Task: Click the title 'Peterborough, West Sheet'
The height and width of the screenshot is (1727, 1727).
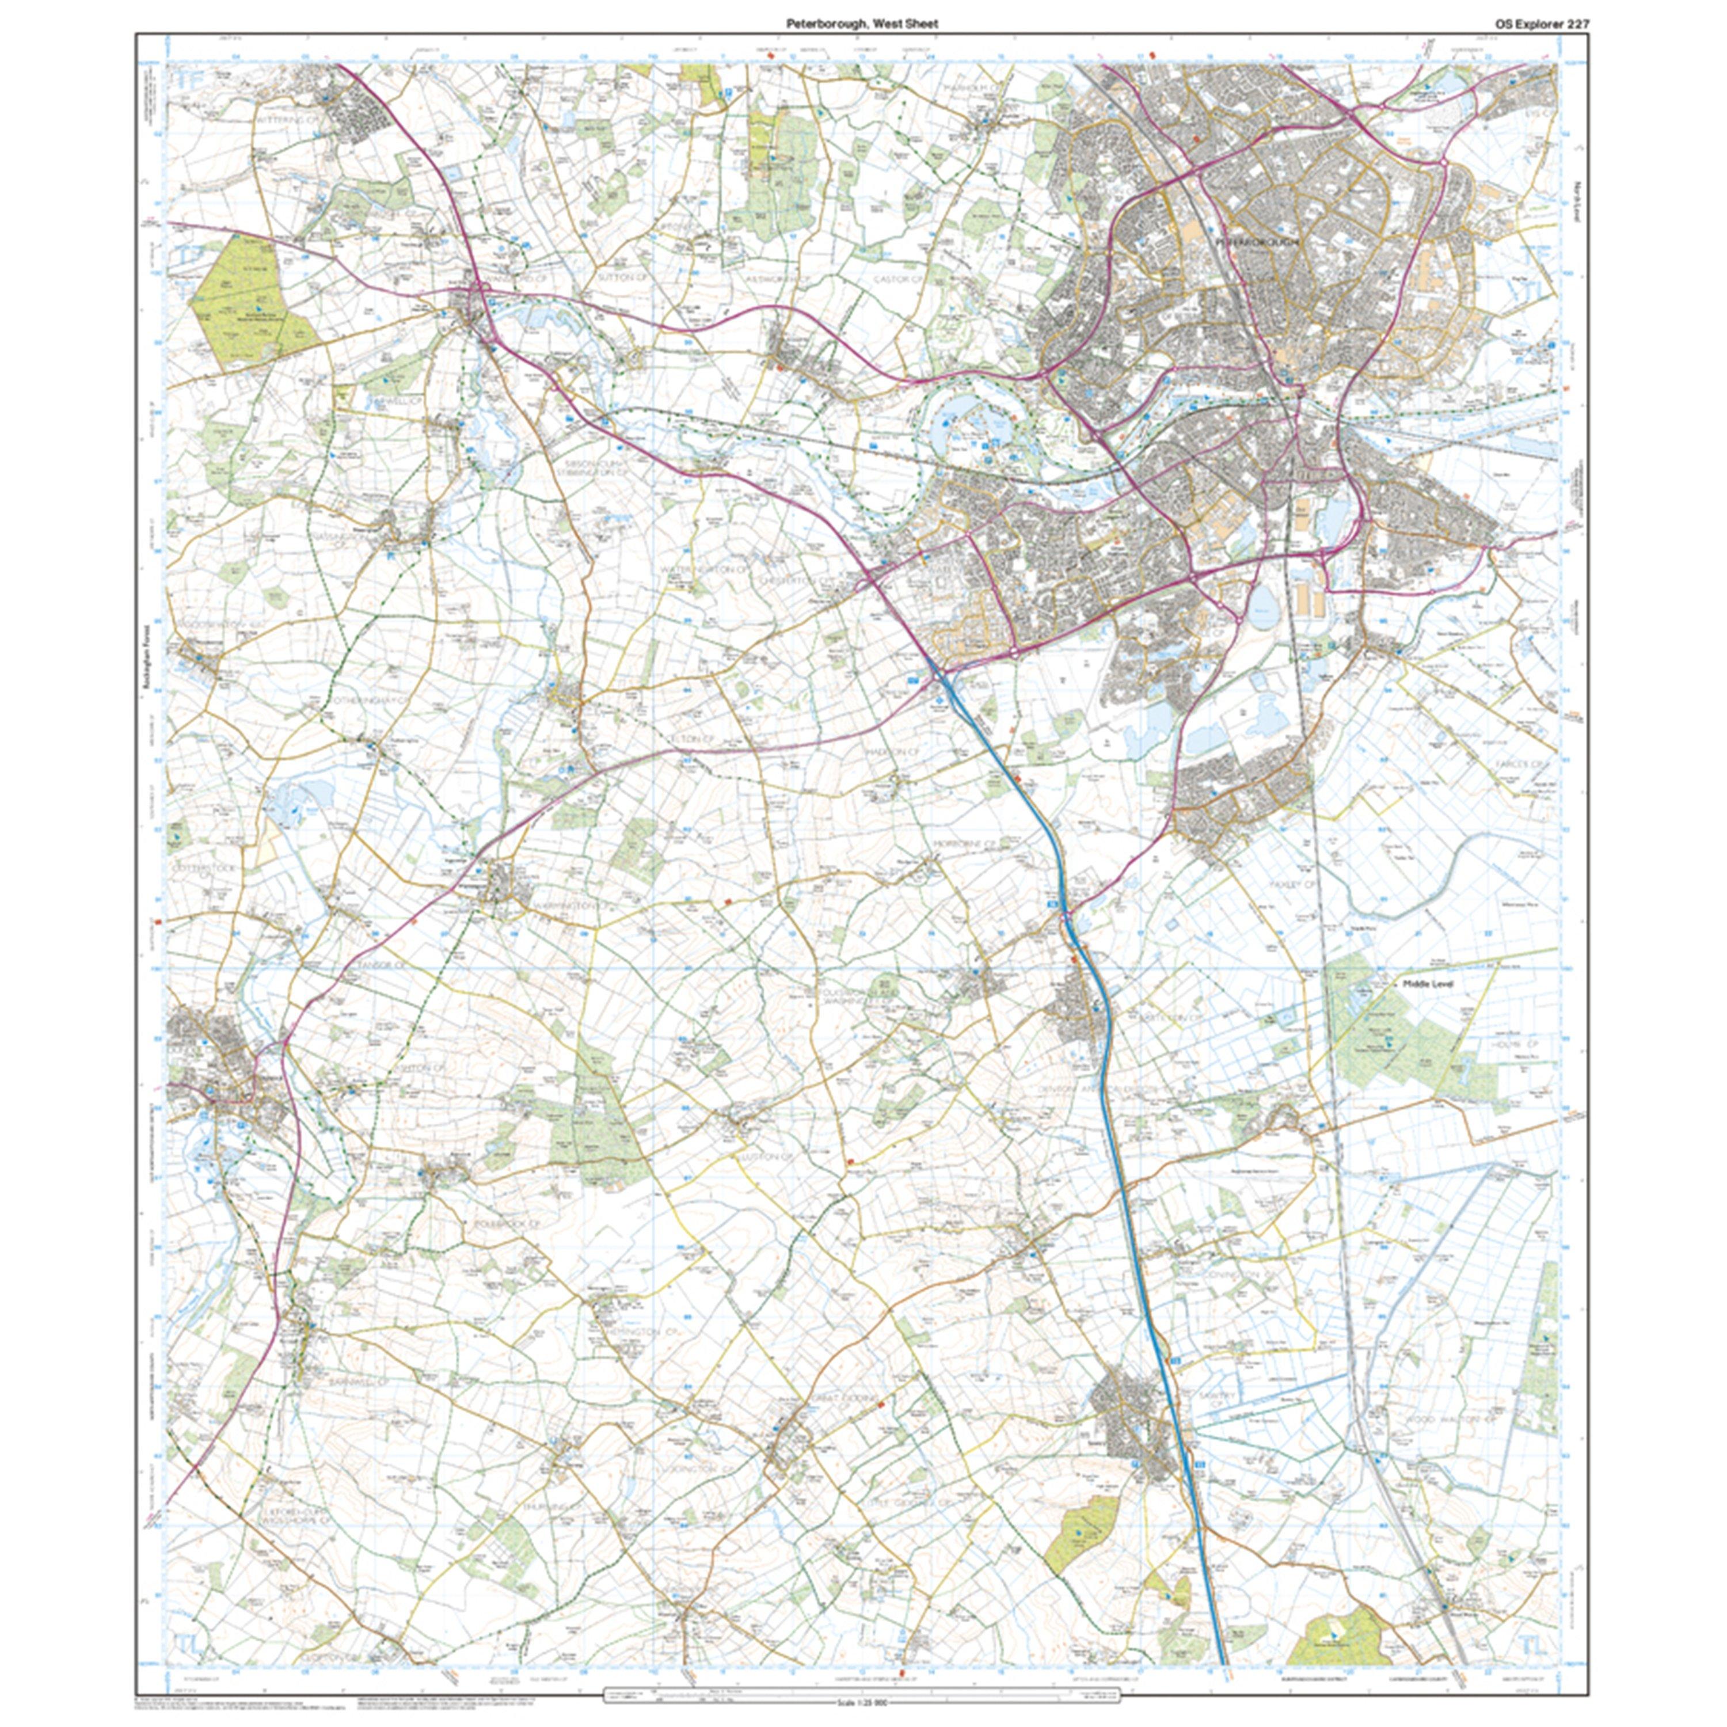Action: click(862, 24)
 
